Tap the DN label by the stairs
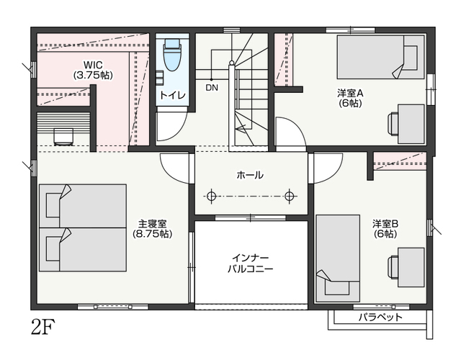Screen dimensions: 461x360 pos(212,88)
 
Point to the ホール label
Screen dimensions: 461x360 pos(250,176)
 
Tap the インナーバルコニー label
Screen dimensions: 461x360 pos(251,264)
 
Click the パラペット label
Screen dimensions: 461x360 pos(380,318)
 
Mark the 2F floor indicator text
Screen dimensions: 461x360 pos(43,326)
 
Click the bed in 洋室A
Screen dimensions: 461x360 pos(380,57)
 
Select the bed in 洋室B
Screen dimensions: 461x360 pos(338,258)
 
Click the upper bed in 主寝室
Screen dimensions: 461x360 pos(83,206)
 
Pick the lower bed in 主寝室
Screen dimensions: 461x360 pos(83,249)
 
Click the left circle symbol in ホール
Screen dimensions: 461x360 pos(211,196)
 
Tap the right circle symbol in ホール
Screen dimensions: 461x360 pos(290,196)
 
